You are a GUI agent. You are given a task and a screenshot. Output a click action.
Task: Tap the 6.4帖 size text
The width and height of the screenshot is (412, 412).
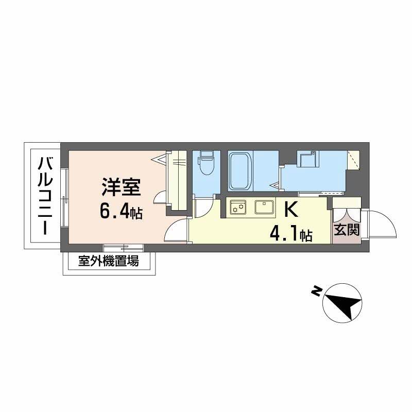(122, 212)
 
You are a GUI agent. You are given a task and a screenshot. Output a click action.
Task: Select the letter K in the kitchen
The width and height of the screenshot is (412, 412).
(291, 211)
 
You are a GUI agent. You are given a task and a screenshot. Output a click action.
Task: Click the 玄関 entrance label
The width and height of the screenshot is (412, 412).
(346, 230)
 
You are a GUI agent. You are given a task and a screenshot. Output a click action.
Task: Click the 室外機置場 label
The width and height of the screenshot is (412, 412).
(108, 261)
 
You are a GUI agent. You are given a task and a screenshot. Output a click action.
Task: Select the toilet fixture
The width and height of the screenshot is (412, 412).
(206, 163)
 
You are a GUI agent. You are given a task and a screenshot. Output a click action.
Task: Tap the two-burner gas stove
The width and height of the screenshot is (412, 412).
(238, 208)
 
